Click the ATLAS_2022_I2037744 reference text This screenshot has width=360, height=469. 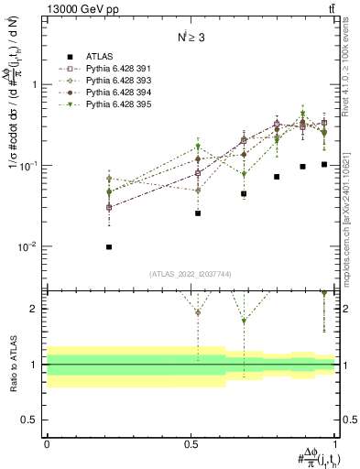[x=190, y=275]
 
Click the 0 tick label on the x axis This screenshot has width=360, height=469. [x=47, y=444]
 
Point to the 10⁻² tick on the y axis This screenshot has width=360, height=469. [x=30, y=247]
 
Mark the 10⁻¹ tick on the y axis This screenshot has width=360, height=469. [x=30, y=166]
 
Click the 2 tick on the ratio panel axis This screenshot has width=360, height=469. [x=35, y=309]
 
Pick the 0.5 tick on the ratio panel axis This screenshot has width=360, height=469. [x=30, y=420]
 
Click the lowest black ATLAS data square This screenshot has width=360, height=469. [x=109, y=247]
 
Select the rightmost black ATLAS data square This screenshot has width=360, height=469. [x=324, y=165]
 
